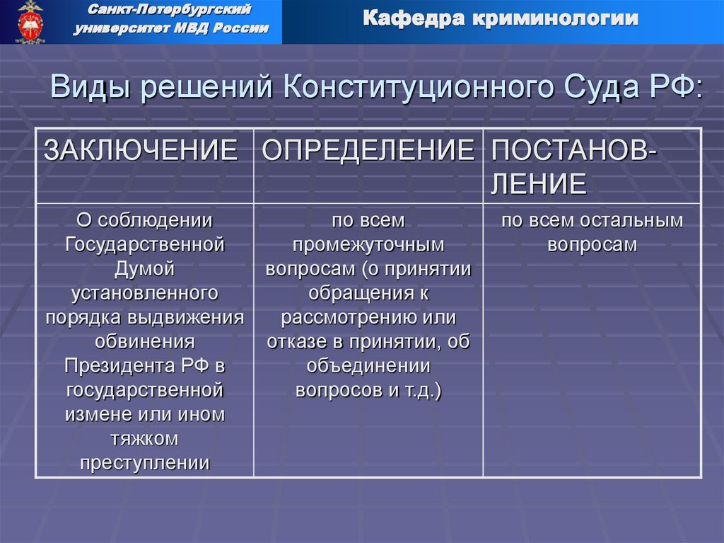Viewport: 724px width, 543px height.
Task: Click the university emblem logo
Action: coord(30,22)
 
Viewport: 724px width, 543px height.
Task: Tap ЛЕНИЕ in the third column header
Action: coord(539,184)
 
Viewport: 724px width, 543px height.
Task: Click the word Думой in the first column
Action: coord(145,269)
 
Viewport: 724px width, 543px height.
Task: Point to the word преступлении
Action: coord(145,463)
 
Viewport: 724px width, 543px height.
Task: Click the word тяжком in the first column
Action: coord(145,439)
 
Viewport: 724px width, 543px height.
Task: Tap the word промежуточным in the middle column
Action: coord(368,245)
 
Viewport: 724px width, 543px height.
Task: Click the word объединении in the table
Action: coord(368,366)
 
